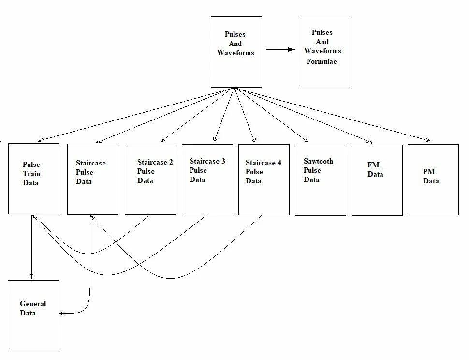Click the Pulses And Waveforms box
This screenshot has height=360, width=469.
click(x=236, y=52)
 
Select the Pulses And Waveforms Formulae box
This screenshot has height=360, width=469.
click(x=323, y=52)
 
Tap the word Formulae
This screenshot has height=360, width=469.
click(x=322, y=61)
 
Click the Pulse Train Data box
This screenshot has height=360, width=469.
click(x=34, y=179)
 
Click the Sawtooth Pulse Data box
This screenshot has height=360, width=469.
click(x=320, y=180)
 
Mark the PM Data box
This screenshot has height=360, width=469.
click(x=433, y=180)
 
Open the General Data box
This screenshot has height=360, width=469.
click(x=33, y=315)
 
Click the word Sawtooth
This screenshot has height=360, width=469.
click(x=318, y=161)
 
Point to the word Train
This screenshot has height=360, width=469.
click(x=31, y=174)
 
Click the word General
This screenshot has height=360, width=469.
click(x=33, y=304)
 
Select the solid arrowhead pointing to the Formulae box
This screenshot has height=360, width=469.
click(x=291, y=49)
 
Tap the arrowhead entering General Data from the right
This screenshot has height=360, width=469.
click(x=62, y=314)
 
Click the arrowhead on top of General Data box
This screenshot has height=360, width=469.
click(x=32, y=277)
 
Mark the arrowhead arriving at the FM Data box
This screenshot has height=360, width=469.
click(x=370, y=142)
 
